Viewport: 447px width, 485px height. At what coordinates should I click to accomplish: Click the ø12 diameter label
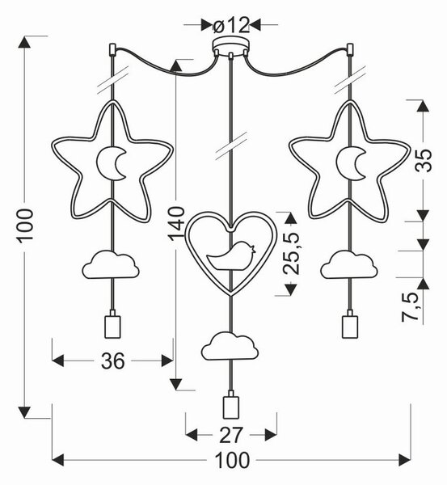coord(231,25)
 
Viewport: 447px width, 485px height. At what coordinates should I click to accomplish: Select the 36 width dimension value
coord(113,361)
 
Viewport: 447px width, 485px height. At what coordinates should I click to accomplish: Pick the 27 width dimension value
coord(231,435)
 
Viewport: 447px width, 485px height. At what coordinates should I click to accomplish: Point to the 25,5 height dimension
coord(292,253)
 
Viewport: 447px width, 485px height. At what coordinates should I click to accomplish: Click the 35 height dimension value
coord(423,161)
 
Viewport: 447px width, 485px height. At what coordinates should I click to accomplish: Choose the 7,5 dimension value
coord(411,306)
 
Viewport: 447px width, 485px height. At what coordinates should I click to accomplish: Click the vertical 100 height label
coord(25,226)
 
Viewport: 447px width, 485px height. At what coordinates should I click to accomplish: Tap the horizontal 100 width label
coord(232,460)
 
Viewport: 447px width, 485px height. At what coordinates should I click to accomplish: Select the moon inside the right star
coord(348,163)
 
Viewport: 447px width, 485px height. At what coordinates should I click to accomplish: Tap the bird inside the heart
coord(231,256)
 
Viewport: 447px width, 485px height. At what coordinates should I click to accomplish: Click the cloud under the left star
coord(111,265)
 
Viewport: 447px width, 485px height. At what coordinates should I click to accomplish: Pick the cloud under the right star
coord(349,265)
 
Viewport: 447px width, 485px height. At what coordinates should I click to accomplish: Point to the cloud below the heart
coord(230,346)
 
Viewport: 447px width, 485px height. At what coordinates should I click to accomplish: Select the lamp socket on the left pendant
coord(112,324)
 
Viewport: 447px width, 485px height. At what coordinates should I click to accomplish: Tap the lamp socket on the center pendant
coord(231,405)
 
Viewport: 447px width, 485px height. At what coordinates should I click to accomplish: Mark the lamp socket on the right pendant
coord(350,324)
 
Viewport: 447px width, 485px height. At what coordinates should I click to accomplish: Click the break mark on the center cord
coord(232,145)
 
